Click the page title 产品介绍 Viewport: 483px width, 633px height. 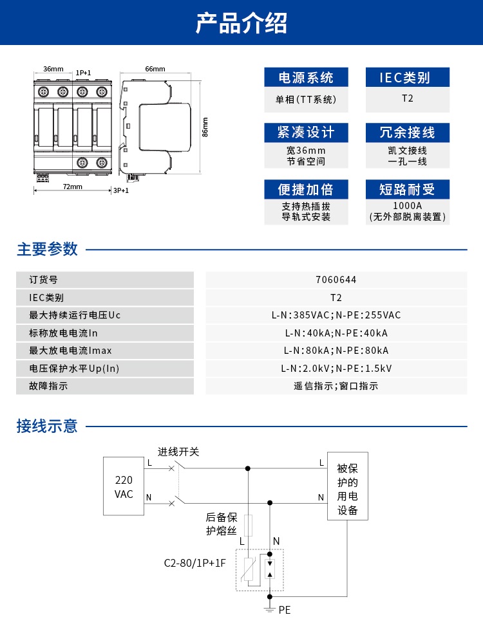coord(241,23)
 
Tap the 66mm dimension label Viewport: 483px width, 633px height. coord(155,69)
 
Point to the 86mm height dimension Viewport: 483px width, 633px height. coord(205,127)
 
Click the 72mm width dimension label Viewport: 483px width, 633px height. coord(72,187)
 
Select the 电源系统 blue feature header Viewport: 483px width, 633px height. coord(306,78)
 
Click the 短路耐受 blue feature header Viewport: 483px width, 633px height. coord(407,189)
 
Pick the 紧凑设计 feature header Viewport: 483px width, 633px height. coord(306,133)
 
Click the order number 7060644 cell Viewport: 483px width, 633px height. coord(336,280)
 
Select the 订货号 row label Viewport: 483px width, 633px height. coord(44,280)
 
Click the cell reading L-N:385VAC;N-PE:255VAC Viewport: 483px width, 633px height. coord(336,315)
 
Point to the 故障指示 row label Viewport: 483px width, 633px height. coord(48,386)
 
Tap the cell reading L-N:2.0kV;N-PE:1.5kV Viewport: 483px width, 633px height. coord(336,369)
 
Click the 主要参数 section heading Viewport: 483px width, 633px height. coord(47,249)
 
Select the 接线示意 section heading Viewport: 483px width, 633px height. coord(47,426)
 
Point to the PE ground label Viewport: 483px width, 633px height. coord(285,609)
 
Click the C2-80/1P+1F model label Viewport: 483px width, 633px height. coord(194,564)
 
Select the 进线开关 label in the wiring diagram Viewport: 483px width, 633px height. coord(178,452)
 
